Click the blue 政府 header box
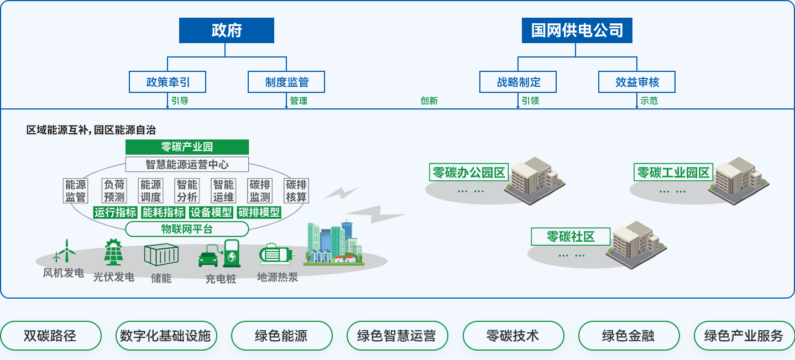(x=226, y=30)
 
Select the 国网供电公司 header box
(x=577, y=30)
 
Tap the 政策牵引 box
(x=168, y=82)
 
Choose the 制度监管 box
(x=286, y=82)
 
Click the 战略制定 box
(x=518, y=82)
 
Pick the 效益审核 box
(x=637, y=82)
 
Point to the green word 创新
(x=429, y=101)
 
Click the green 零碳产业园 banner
(x=187, y=147)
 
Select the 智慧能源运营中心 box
(x=187, y=164)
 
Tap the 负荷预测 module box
(x=114, y=190)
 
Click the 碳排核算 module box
(x=296, y=190)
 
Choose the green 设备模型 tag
(x=211, y=212)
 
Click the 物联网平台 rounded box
(x=187, y=229)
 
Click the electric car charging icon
(x=219, y=255)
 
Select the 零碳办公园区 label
(x=468, y=173)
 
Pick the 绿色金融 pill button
(x=628, y=336)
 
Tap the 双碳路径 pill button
(x=50, y=336)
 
